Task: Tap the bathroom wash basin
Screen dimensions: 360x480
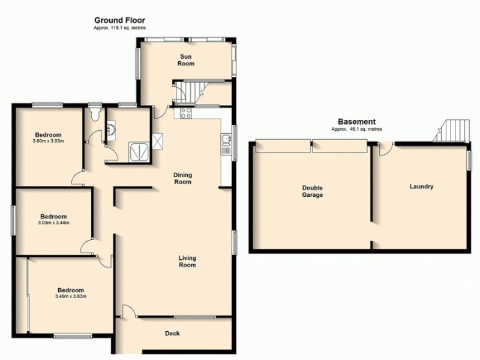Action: point(111,128)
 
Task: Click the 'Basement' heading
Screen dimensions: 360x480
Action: point(356,121)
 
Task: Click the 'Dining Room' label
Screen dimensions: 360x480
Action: point(183,178)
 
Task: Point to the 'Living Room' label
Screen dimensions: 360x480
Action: point(187,261)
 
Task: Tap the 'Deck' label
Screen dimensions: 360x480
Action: point(172,334)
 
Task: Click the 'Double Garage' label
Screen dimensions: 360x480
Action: point(312,191)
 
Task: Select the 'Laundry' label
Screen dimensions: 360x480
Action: point(421,187)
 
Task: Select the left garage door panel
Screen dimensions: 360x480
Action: point(282,145)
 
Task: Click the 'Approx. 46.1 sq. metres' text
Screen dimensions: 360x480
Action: point(356,130)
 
